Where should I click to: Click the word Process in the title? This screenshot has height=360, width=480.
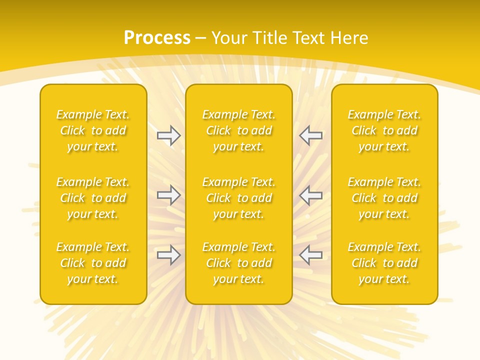(157, 38)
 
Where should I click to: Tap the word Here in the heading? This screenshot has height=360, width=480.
(349, 38)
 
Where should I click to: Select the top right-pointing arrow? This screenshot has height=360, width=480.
(169, 135)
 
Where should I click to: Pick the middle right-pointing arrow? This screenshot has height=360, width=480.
(169, 195)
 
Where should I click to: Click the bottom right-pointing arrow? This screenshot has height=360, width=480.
(169, 255)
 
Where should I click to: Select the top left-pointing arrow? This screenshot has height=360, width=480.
(310, 135)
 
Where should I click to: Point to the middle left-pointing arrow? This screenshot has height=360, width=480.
(310, 195)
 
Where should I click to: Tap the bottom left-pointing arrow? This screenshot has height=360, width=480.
(310, 255)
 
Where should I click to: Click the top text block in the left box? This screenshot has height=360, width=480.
(93, 130)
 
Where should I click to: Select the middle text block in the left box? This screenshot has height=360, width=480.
(93, 198)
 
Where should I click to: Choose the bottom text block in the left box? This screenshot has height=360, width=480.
(93, 263)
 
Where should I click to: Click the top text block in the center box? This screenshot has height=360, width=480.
(239, 130)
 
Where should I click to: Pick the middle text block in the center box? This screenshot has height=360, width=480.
(239, 198)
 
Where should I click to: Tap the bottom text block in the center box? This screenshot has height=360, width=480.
(239, 263)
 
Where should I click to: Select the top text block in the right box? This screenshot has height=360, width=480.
(384, 130)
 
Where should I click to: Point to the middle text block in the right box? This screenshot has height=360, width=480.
(384, 198)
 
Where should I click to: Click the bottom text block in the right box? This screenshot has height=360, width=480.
(384, 263)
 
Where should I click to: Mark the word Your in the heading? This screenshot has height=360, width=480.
(229, 38)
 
